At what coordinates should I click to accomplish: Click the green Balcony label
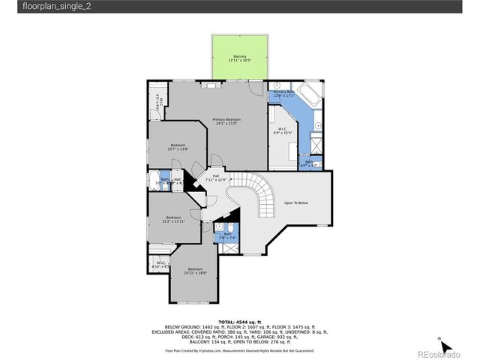pos(240,58)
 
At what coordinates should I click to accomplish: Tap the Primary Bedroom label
pos(226,121)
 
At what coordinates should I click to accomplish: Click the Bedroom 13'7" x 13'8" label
pos(178,146)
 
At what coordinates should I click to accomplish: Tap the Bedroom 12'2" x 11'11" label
pos(173,219)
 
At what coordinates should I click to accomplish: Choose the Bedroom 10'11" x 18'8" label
pos(196,271)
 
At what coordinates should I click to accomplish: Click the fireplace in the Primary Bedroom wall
pos(212,85)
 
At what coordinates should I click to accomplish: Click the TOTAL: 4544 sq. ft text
pos(240,320)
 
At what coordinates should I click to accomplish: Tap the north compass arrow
pos(445,346)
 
